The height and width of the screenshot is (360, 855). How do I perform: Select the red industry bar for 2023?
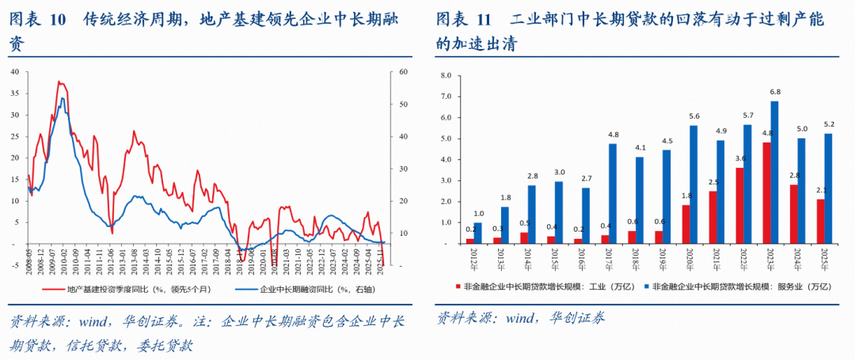pyautogui.click(x=766, y=192)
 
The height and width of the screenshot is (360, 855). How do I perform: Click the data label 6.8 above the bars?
pyautogui.click(x=775, y=93)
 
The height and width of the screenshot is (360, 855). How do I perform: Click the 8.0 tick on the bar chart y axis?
pyautogui.click(x=445, y=76)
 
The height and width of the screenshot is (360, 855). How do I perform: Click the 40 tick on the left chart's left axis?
pyautogui.click(x=15, y=72)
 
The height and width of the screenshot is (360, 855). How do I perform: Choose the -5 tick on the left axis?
pyautogui.click(x=15, y=266)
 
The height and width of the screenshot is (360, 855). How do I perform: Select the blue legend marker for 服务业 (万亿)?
pyautogui.click(x=644, y=290)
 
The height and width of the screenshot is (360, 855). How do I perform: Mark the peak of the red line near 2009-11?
pyautogui.click(x=59, y=81)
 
